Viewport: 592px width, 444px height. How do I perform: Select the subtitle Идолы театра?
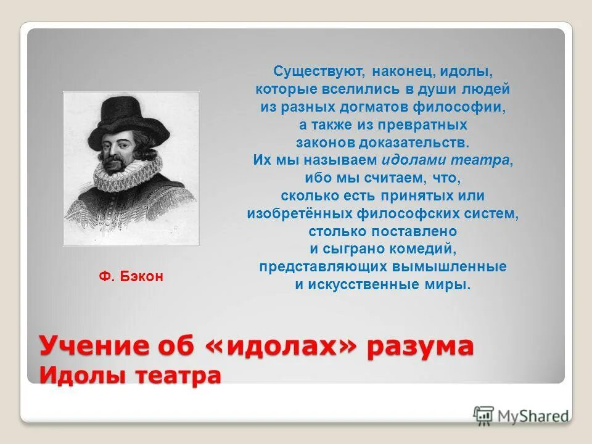pyautogui.click(x=130, y=375)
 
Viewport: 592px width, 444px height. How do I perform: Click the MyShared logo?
pyautogui.click(x=521, y=416)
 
